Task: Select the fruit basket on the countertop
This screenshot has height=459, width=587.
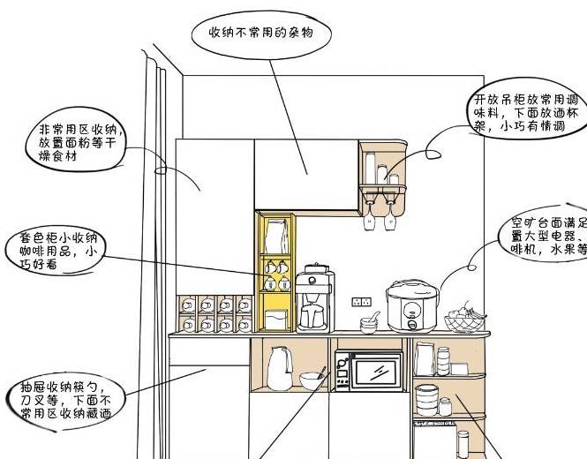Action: pyautogui.click(x=464, y=320)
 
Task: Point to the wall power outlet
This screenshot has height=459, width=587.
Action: pyautogui.click(x=360, y=301)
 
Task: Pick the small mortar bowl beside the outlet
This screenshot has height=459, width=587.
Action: pyautogui.click(x=370, y=322)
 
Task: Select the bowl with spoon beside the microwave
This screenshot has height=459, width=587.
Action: pyautogui.click(x=311, y=380)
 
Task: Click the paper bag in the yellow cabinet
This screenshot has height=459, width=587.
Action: pyautogui.click(x=276, y=235)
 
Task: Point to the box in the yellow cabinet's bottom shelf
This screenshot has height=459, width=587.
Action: pyautogui.click(x=276, y=316)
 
